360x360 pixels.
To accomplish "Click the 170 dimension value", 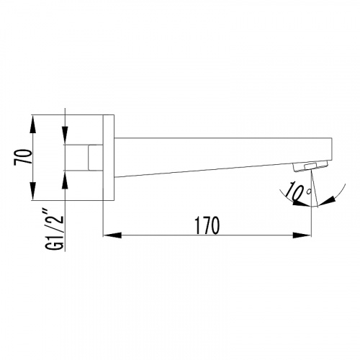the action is pos(207,225).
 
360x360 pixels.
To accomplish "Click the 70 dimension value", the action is pos(23,157).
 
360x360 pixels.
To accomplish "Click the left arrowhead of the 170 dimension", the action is pos(112,235).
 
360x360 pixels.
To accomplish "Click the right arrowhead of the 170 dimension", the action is pos(302,235).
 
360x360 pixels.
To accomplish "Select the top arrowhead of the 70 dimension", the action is pos(32,125).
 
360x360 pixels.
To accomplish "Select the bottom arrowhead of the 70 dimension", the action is pos(32,192).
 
